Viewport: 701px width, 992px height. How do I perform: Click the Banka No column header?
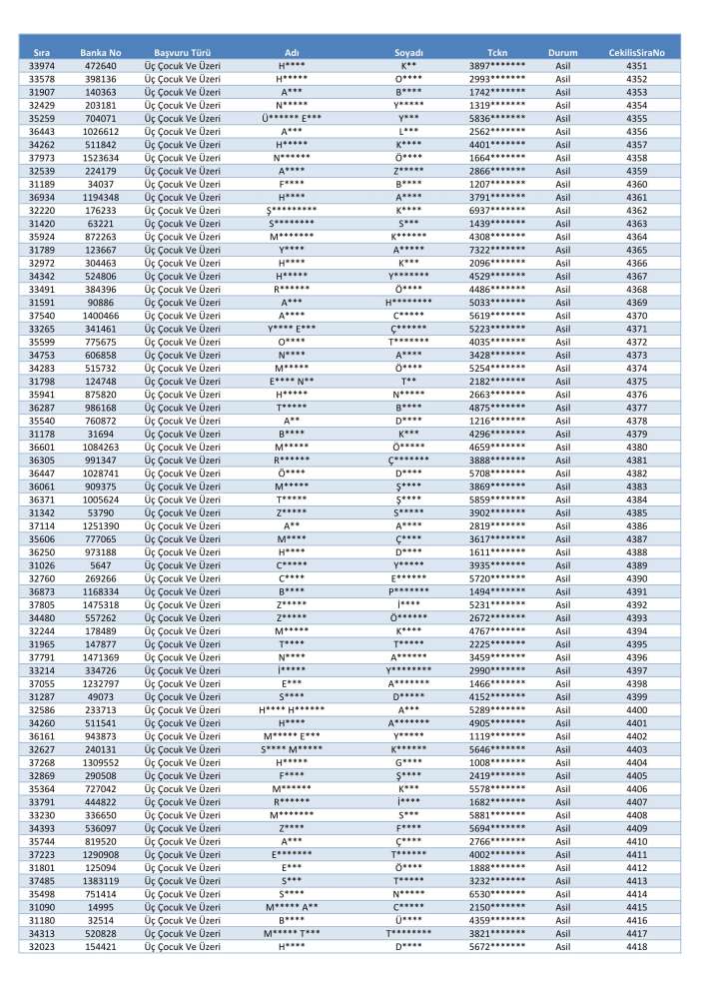click(100, 51)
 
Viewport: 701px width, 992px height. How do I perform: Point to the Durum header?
click(563, 51)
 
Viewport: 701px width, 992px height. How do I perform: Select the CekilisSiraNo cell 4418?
click(636, 946)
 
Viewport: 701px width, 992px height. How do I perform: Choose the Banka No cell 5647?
click(100, 565)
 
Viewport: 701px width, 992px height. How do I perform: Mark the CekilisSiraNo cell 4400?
click(636, 709)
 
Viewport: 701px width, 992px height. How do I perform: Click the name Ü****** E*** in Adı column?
click(292, 118)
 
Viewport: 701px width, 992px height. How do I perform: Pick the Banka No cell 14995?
click(100, 906)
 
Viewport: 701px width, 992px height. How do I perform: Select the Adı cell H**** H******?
click(292, 709)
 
